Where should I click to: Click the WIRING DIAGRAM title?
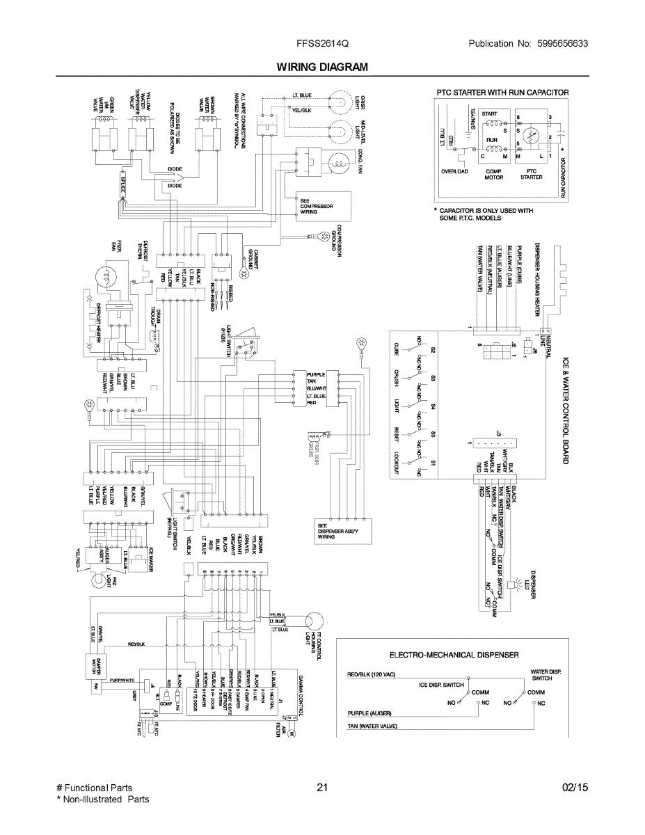coord(322,67)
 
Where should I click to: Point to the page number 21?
coord(321,788)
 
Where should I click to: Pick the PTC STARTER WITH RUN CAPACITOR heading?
coord(502,93)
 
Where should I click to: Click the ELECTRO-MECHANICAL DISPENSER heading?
coord(454,655)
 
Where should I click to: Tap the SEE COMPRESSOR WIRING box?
coord(317,206)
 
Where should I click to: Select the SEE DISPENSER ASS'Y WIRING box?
coord(335,532)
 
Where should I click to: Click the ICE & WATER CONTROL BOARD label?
coord(566,410)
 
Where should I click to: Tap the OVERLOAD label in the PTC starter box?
coord(454,171)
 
